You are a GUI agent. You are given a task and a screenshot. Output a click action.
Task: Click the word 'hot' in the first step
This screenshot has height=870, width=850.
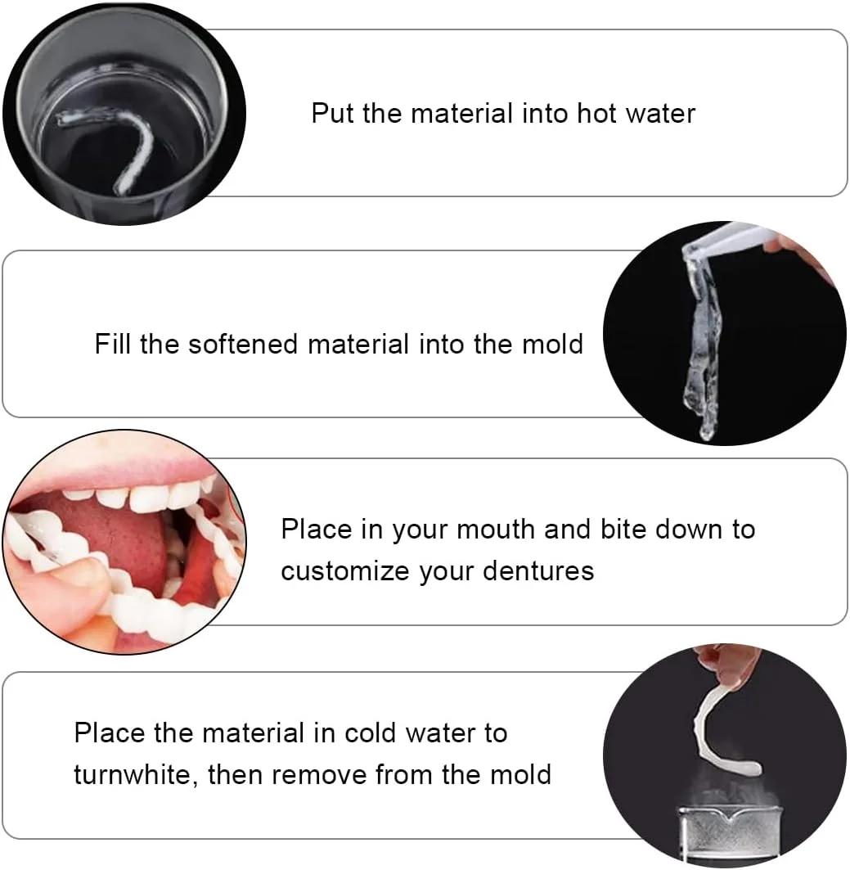596,113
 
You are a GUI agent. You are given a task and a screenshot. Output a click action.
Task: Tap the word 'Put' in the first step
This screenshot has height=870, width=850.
332,113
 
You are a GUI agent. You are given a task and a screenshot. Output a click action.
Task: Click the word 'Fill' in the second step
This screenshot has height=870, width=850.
112,344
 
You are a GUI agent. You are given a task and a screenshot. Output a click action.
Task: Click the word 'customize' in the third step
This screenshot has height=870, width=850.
345,571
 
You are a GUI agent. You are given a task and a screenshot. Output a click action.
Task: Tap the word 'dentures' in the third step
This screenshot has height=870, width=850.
538,571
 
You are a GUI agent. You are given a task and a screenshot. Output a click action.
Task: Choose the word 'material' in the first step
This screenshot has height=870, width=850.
461,113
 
